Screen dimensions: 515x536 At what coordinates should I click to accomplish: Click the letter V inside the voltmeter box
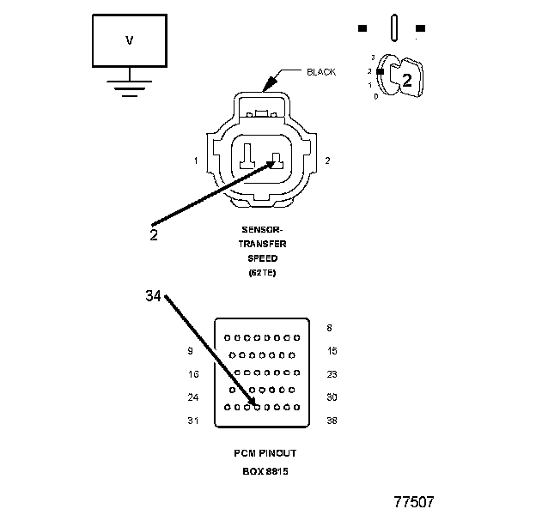(129, 39)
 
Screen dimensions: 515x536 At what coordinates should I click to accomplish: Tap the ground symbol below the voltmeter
(129, 88)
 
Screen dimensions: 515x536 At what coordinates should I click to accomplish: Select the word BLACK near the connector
(321, 72)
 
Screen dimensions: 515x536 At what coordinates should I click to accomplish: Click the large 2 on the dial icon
(407, 81)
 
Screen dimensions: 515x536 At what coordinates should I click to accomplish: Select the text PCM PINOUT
(264, 453)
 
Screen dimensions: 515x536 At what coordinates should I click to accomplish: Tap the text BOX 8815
(264, 470)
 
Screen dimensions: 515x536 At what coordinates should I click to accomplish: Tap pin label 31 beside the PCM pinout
(193, 421)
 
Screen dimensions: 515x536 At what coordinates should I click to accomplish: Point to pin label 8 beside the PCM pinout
(329, 328)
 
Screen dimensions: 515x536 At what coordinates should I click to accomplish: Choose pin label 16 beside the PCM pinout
(193, 374)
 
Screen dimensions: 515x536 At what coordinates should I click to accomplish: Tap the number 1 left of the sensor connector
(196, 161)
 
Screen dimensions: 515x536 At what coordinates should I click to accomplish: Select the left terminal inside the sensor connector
(247, 155)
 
